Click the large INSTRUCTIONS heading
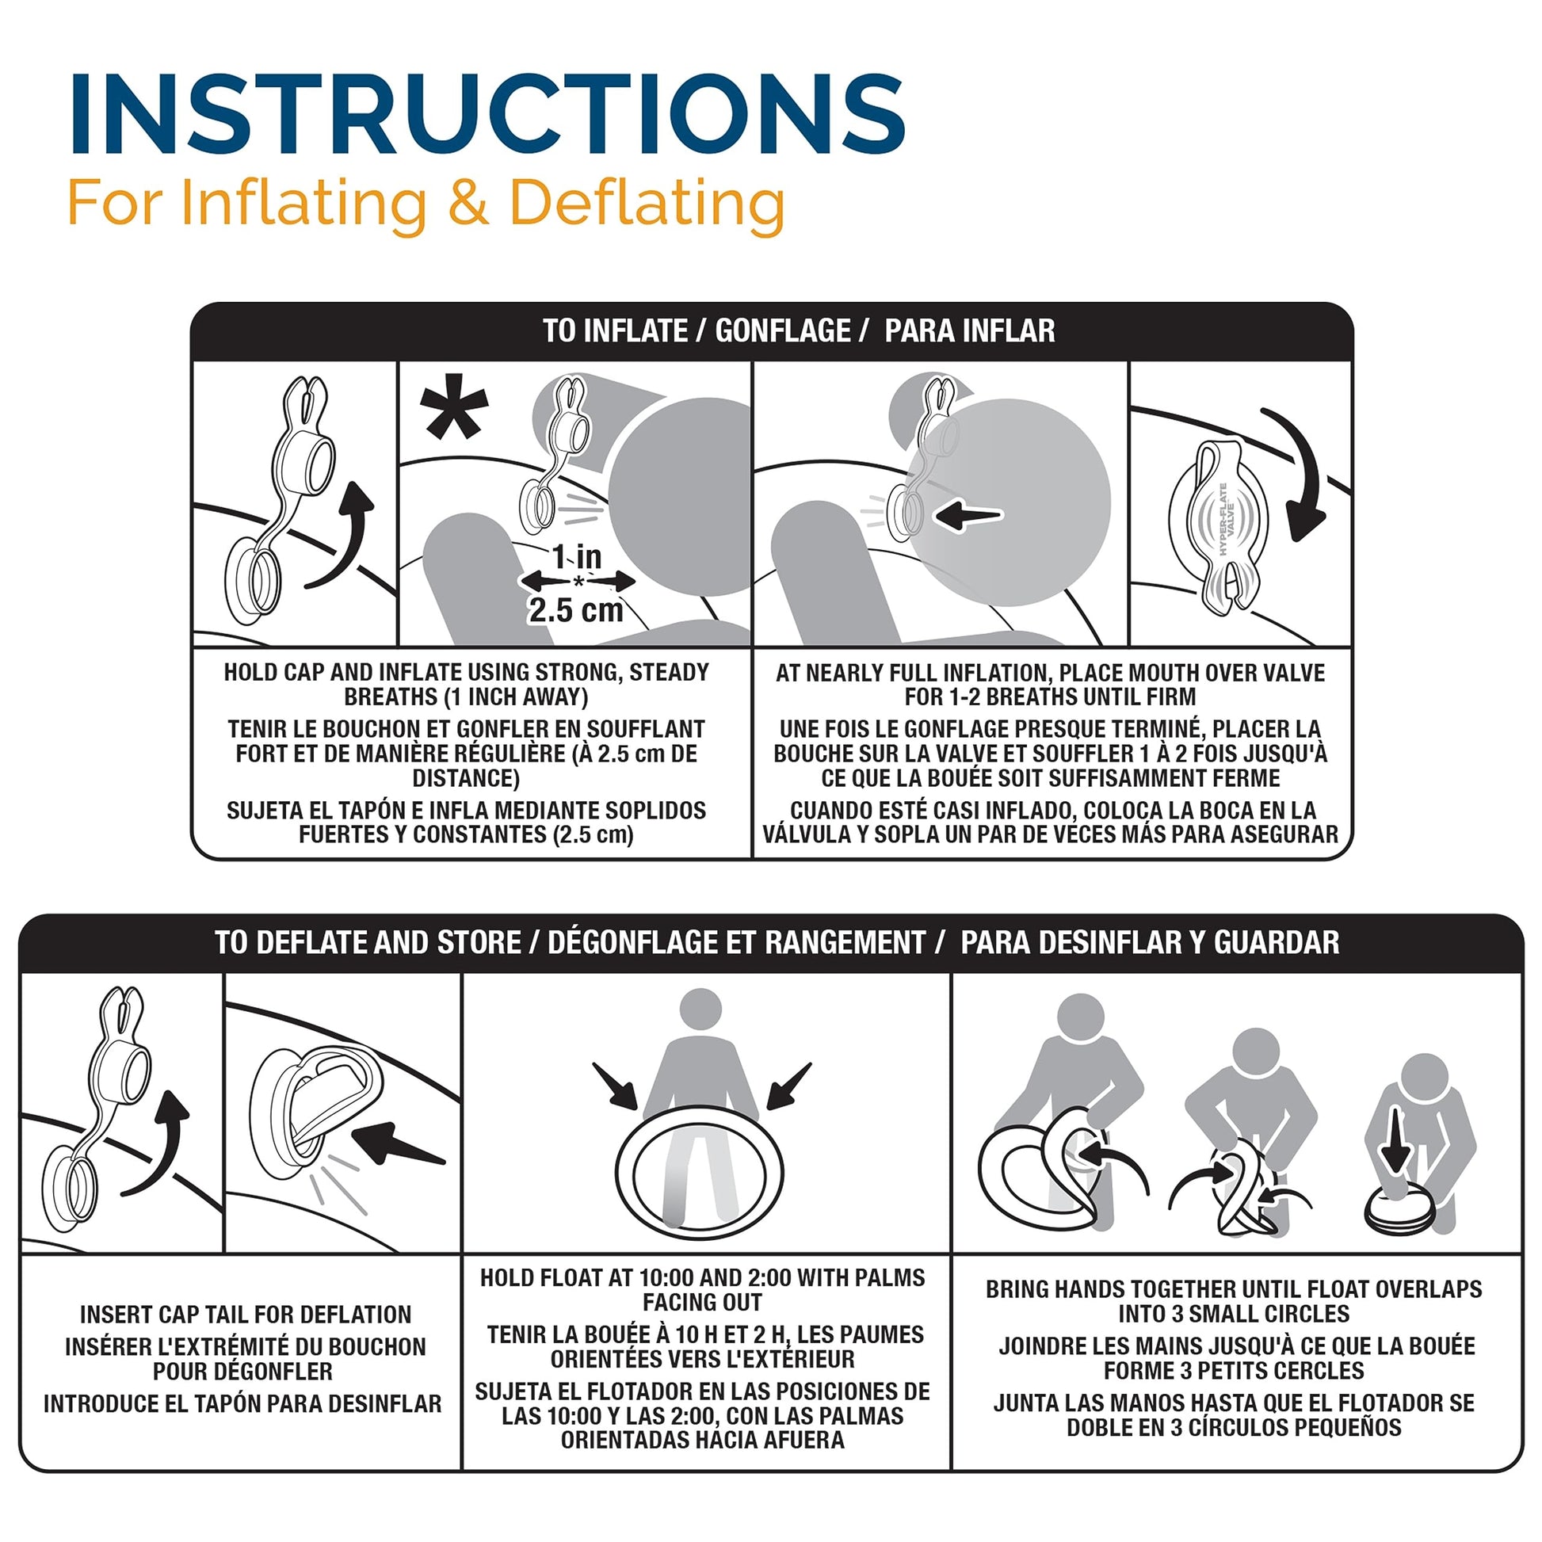click(x=487, y=113)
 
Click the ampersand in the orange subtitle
click(x=468, y=203)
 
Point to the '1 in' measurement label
click(x=577, y=556)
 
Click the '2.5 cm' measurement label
click(x=576, y=611)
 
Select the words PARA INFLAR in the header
click(x=970, y=330)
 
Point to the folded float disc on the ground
click(x=1399, y=1212)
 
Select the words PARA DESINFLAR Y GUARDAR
click(x=1150, y=943)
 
